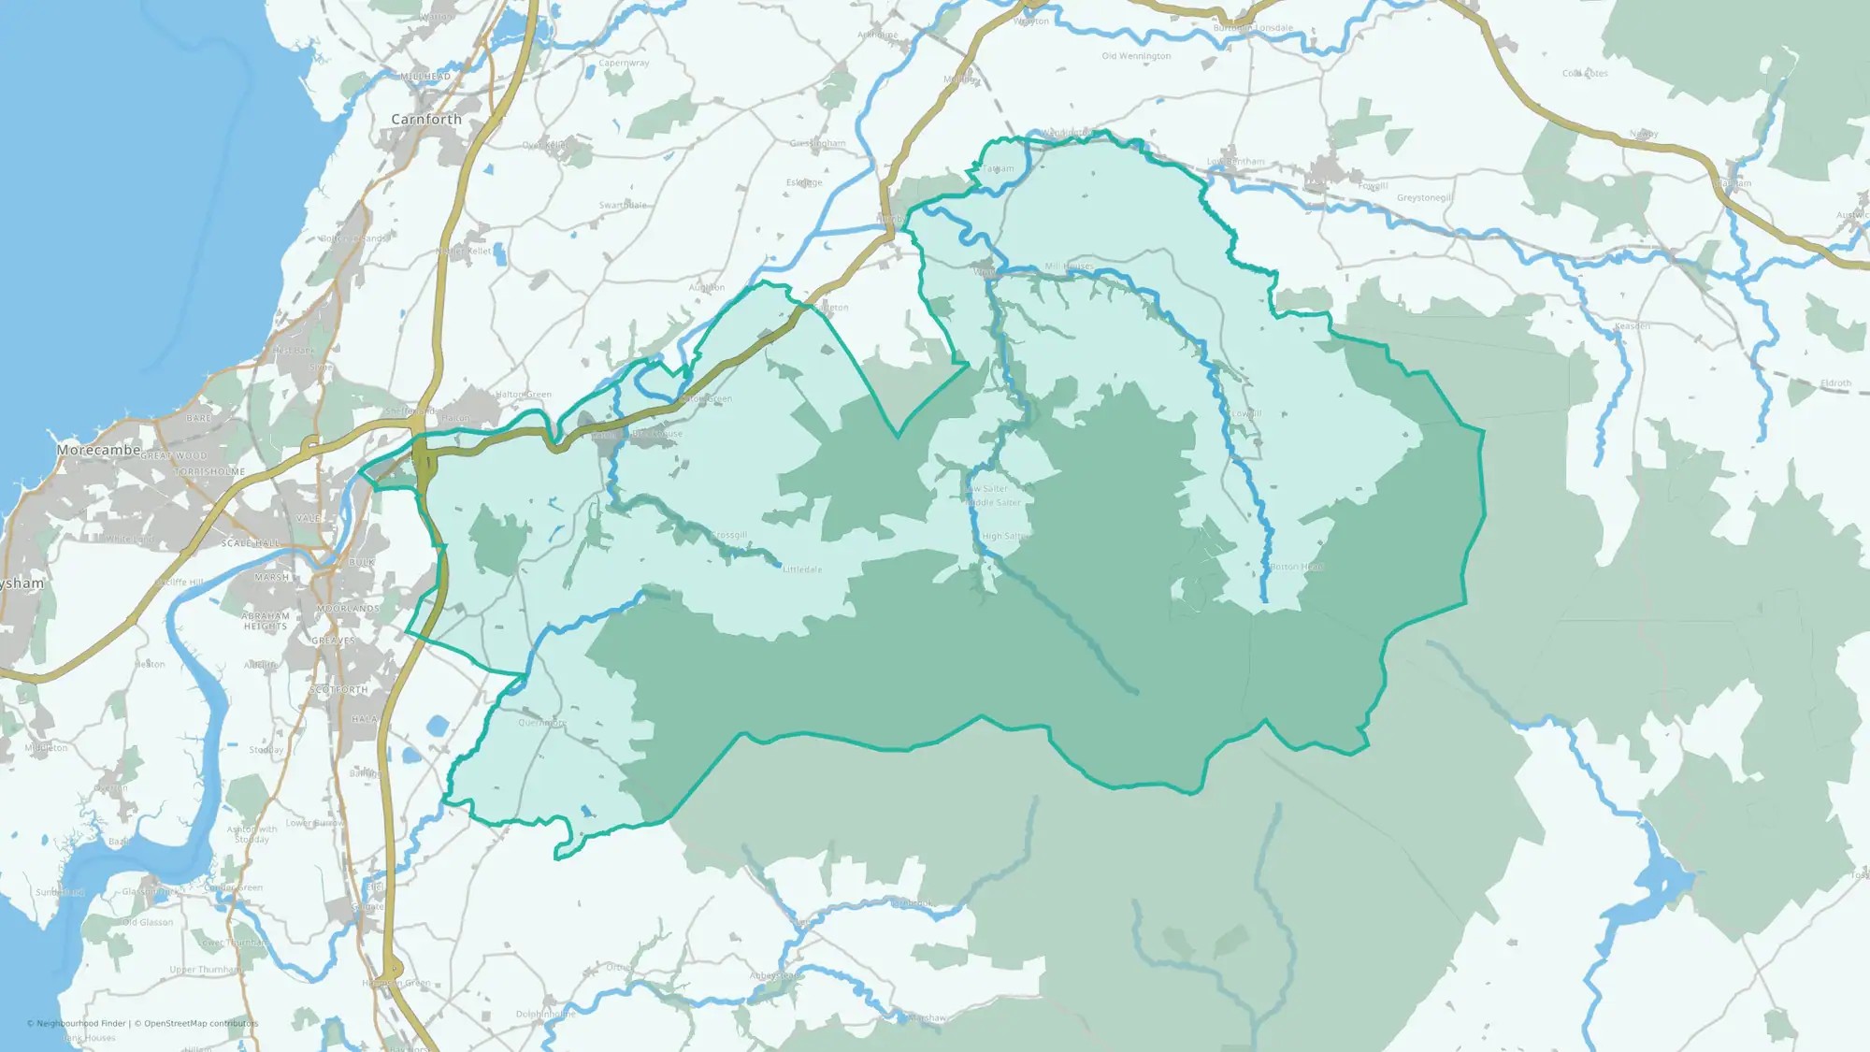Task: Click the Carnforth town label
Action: (x=426, y=120)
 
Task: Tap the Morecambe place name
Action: (x=98, y=450)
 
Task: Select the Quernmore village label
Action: (x=542, y=723)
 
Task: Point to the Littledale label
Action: (x=802, y=569)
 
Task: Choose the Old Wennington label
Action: (x=1136, y=56)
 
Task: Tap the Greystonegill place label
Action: (x=1424, y=198)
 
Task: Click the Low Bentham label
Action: (x=1235, y=162)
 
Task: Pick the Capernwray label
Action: (x=624, y=64)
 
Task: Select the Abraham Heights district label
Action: (x=266, y=621)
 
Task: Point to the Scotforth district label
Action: (x=338, y=690)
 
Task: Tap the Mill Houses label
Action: (x=1069, y=267)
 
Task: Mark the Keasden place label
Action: (x=1632, y=326)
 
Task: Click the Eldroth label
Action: (x=1835, y=383)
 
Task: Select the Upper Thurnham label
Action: (x=206, y=970)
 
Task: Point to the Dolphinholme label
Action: (x=546, y=1015)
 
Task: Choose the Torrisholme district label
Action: (x=209, y=472)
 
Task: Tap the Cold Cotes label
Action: (x=1585, y=73)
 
